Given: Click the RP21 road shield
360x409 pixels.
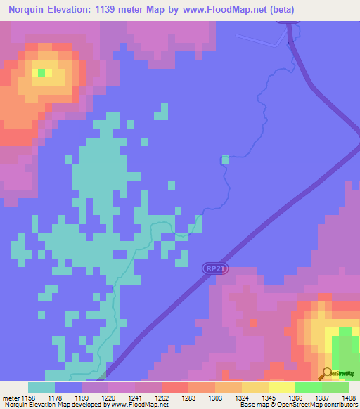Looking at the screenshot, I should (215, 268).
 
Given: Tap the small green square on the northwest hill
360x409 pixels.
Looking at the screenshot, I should (41, 72).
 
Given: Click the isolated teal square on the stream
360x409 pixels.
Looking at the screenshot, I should (226, 160).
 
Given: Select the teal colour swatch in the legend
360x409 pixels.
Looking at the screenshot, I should (41, 388).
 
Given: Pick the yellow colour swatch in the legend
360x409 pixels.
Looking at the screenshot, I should (281, 388).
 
